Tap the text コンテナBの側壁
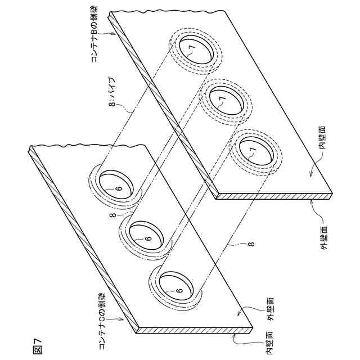point(94,34)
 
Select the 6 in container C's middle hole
point(148,238)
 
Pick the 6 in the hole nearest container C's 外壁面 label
point(178,290)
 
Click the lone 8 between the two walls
point(251,244)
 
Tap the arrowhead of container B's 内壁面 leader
point(309,175)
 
